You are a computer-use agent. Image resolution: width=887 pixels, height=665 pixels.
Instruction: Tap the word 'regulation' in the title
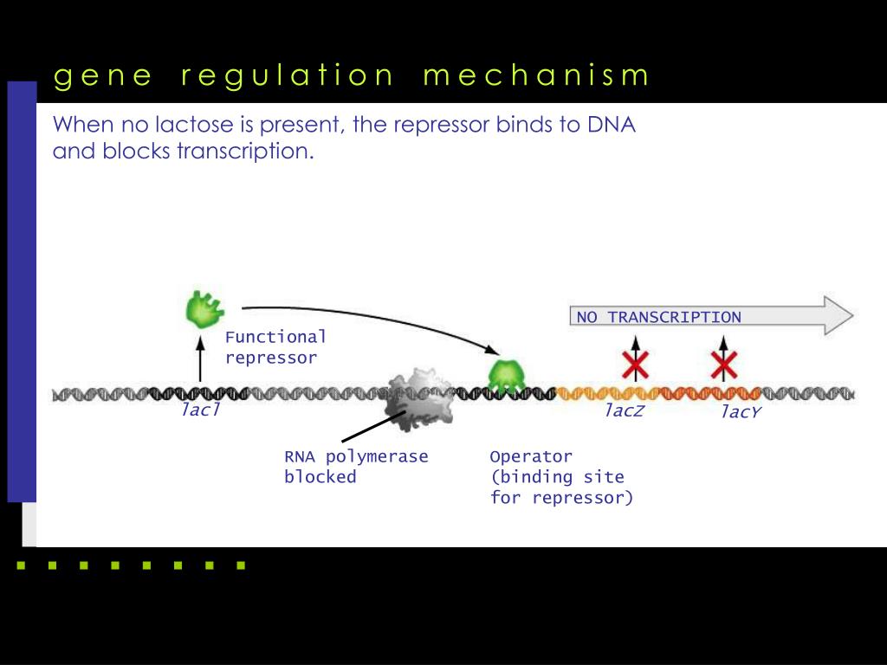(x=288, y=76)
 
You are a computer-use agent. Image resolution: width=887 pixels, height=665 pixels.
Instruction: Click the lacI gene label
(x=200, y=410)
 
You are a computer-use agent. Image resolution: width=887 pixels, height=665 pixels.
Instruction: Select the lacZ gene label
(x=624, y=410)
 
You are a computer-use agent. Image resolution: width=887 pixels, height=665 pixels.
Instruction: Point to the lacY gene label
(x=741, y=412)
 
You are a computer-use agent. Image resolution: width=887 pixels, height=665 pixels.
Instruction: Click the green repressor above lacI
(x=204, y=308)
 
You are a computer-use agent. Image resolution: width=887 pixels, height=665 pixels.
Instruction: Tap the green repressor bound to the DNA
(x=506, y=375)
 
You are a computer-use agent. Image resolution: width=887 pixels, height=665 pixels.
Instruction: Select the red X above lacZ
(x=636, y=365)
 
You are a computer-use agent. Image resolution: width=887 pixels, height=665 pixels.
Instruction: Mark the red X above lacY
(x=723, y=365)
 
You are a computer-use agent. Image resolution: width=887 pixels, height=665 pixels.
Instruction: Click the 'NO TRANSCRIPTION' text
(x=659, y=317)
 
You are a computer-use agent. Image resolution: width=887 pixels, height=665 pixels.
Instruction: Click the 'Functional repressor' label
(x=275, y=347)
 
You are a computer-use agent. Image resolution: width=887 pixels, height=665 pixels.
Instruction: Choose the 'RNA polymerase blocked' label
(x=356, y=466)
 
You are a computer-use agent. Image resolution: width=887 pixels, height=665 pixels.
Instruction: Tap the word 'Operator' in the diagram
(x=531, y=456)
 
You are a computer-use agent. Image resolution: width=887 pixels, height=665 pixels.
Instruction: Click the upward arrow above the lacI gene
(x=200, y=360)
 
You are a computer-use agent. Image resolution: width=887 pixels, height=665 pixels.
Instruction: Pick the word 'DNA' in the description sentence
(x=611, y=125)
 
